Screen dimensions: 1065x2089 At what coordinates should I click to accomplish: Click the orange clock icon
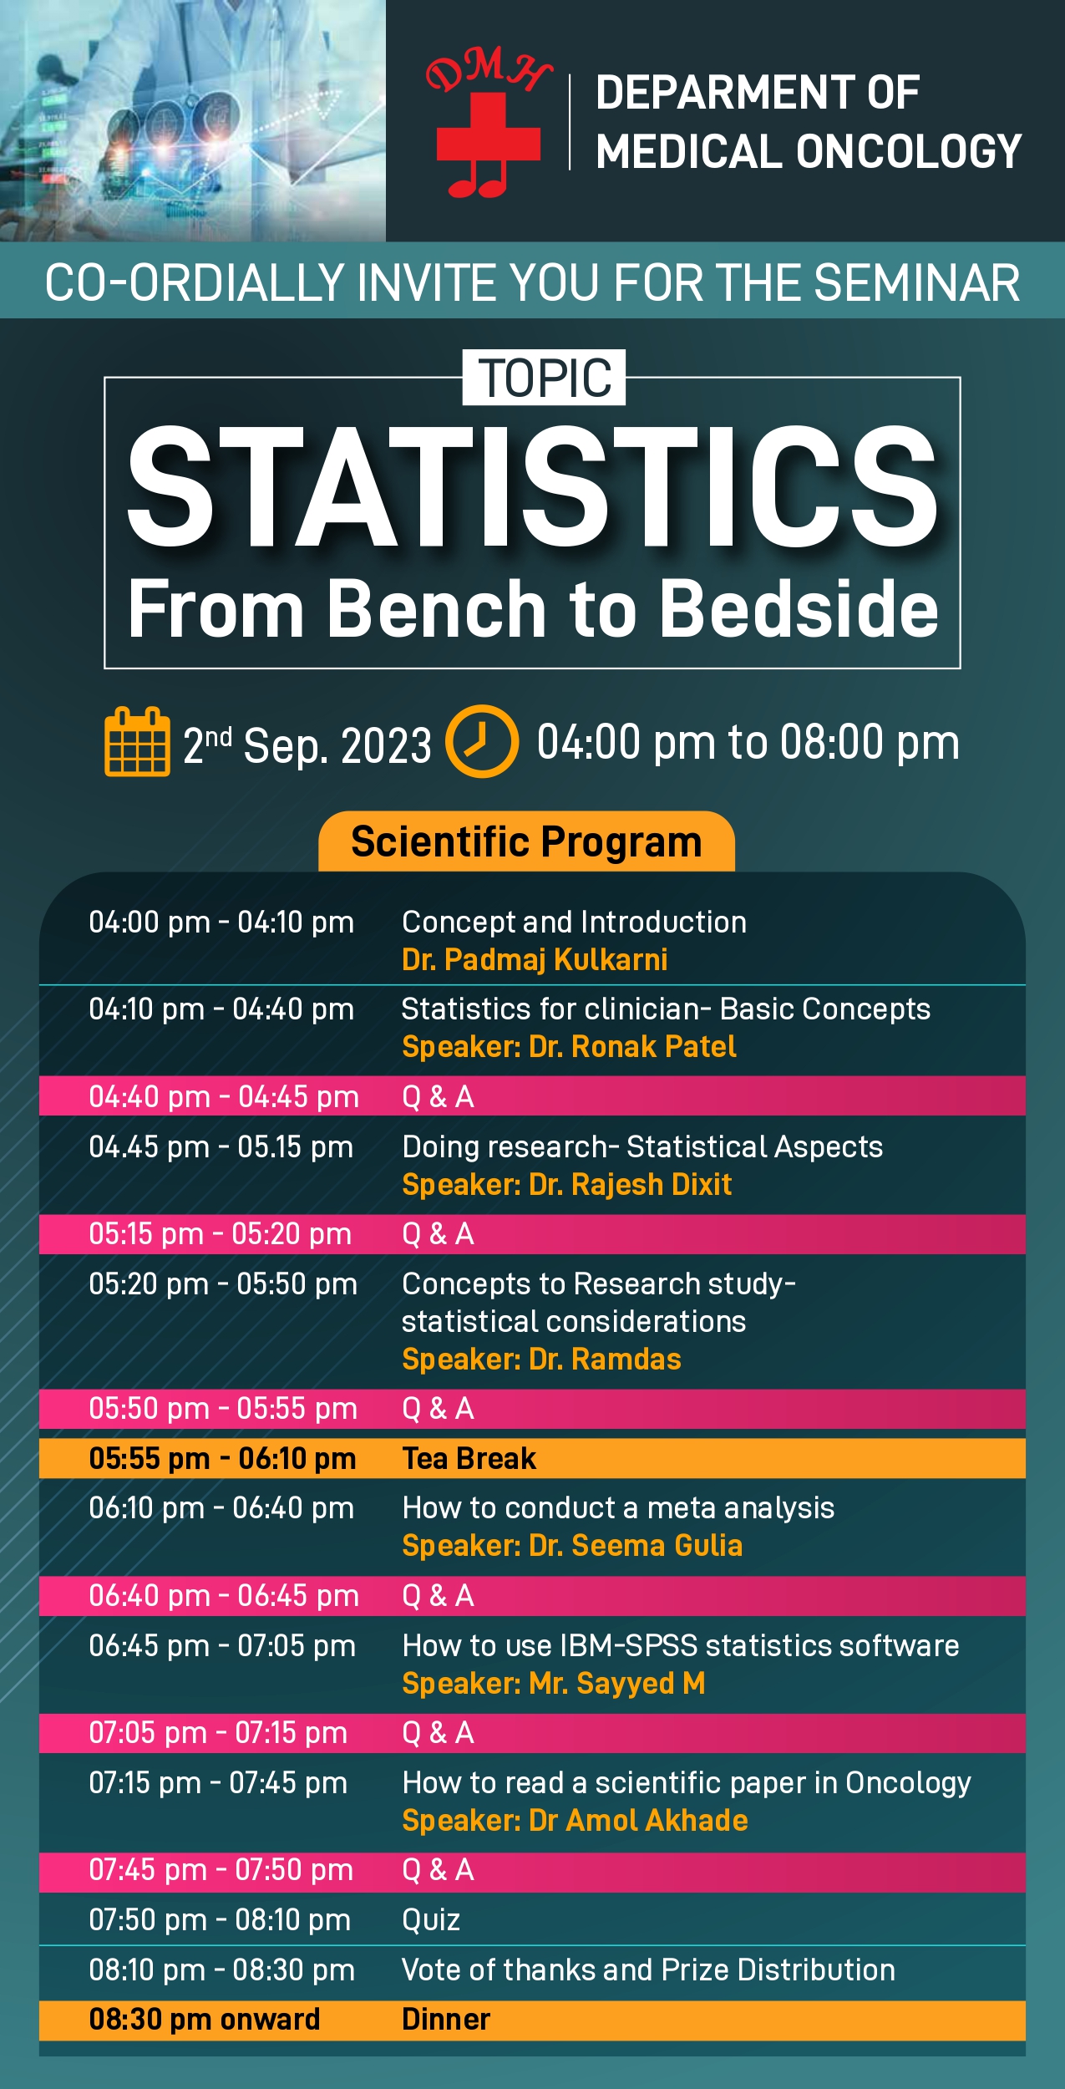[x=482, y=741]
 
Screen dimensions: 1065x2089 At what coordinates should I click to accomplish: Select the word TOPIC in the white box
[x=545, y=378]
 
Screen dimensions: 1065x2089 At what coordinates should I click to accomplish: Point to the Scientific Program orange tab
[x=526, y=841]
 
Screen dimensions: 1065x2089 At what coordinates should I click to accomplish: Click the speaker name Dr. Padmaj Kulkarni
[x=535, y=959]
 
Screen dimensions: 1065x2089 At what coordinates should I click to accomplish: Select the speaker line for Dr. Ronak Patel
[x=569, y=1046]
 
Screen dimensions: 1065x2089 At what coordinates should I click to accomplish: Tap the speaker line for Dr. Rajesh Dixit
[x=566, y=1184]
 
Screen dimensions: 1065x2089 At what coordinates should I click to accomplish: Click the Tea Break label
[x=469, y=1458]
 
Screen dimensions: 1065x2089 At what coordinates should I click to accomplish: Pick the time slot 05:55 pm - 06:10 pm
[x=222, y=1458]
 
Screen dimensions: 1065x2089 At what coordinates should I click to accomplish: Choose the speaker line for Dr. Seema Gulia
[x=572, y=1546]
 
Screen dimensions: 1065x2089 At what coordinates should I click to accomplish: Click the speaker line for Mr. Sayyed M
[x=554, y=1683]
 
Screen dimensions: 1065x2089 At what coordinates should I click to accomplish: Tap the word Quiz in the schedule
[x=431, y=1920]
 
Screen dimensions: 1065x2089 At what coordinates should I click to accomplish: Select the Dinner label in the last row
[x=446, y=2019]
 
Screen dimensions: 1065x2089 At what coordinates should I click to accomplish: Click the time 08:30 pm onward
[x=205, y=2019]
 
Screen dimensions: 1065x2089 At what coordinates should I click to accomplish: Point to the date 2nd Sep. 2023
[x=307, y=745]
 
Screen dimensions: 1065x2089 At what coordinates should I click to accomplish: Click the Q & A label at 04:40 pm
[x=438, y=1096]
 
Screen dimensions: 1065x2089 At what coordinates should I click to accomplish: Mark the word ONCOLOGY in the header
[x=909, y=151]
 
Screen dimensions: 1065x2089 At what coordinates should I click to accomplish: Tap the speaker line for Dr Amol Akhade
[x=575, y=1820]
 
